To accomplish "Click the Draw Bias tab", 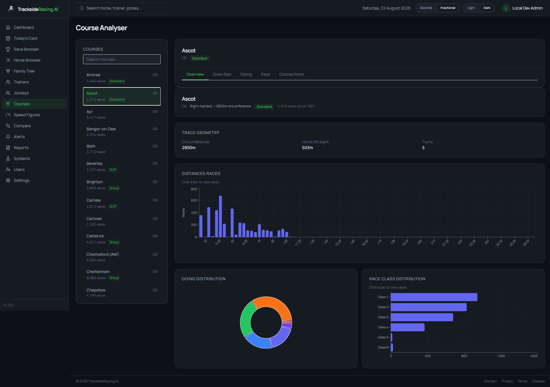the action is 222,74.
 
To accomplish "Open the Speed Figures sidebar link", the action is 27,115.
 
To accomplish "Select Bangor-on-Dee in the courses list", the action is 122,131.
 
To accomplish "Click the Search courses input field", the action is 122,59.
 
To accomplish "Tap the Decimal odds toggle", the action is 426,8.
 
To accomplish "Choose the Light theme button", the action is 471,8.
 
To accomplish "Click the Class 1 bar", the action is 434,297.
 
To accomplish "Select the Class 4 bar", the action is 407,327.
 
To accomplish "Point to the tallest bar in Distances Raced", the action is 220,216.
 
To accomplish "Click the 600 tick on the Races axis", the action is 194,200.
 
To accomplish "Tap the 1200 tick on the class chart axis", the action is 501,356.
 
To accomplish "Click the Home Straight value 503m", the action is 307,148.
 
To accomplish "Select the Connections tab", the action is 291,74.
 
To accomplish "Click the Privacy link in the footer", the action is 507,381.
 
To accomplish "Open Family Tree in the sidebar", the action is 24,71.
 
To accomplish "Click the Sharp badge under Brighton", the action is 114,188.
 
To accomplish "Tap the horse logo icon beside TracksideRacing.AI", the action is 11,9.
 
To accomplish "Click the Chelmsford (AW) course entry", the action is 122,257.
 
